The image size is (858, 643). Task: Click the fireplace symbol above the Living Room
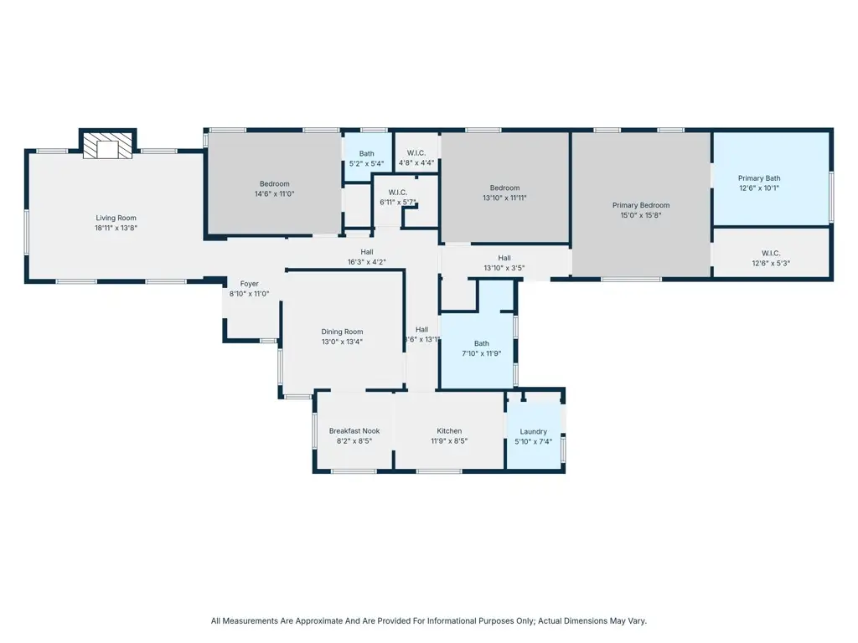pos(107,147)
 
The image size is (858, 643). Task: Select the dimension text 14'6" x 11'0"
pos(274,193)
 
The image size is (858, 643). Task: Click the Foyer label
pos(249,284)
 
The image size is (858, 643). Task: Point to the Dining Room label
pos(342,332)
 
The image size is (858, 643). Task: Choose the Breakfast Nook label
pos(354,431)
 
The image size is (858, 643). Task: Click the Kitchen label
pos(449,431)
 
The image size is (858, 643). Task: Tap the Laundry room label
pos(533,432)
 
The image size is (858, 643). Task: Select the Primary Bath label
pos(759,177)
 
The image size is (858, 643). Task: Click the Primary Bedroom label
pos(641,205)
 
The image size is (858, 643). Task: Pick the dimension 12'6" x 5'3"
pos(771,263)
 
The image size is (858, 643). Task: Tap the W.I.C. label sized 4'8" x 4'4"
pos(416,153)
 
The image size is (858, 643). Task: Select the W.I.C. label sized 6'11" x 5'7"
pos(398,193)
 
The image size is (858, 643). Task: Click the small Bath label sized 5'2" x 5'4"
pos(367,153)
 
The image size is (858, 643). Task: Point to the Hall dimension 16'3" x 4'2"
pos(367,262)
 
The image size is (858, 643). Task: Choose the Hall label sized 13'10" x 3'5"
pos(504,258)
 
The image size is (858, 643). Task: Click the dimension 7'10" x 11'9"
pos(482,354)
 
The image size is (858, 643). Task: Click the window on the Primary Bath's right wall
pos(831,198)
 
